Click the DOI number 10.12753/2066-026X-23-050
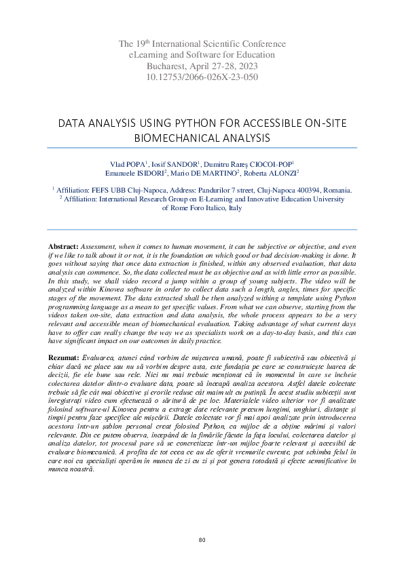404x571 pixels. (x=202, y=77)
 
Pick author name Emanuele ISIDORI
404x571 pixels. (x=145, y=174)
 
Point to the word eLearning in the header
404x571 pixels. (x=147, y=55)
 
